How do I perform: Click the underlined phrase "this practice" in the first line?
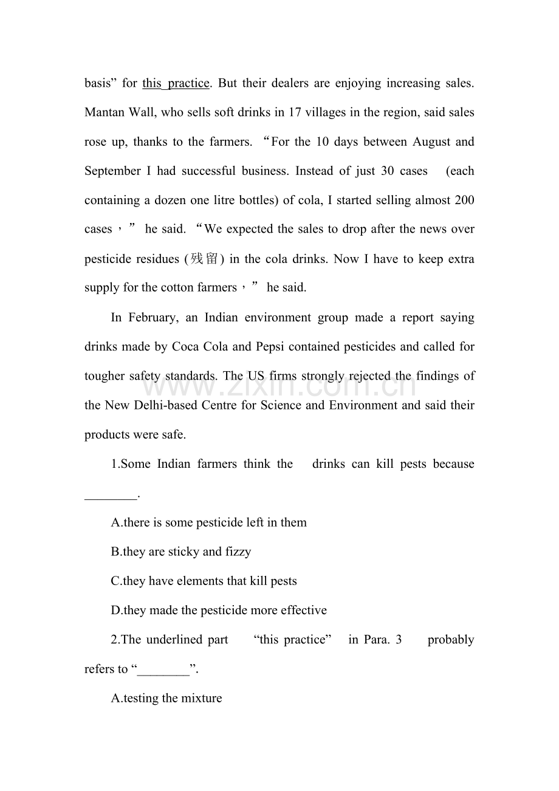click(176, 83)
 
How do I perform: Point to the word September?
click(112, 171)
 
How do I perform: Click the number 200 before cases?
click(464, 200)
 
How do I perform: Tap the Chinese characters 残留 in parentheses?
click(204, 259)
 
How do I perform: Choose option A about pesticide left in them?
click(208, 522)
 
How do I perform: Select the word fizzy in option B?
click(238, 552)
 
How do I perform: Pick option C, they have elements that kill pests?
click(204, 581)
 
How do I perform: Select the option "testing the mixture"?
click(166, 698)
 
